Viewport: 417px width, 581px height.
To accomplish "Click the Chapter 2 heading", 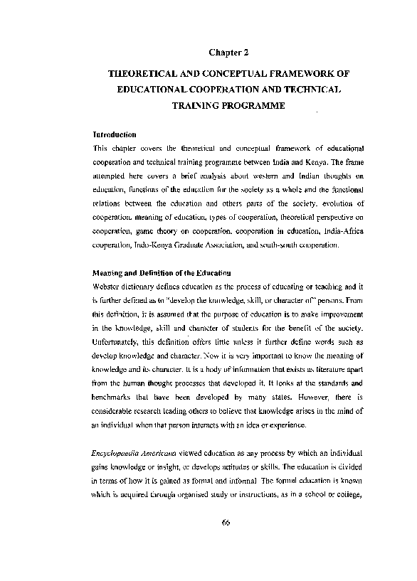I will click(x=228, y=52).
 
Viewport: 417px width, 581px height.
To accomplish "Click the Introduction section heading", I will click(x=115, y=134).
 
